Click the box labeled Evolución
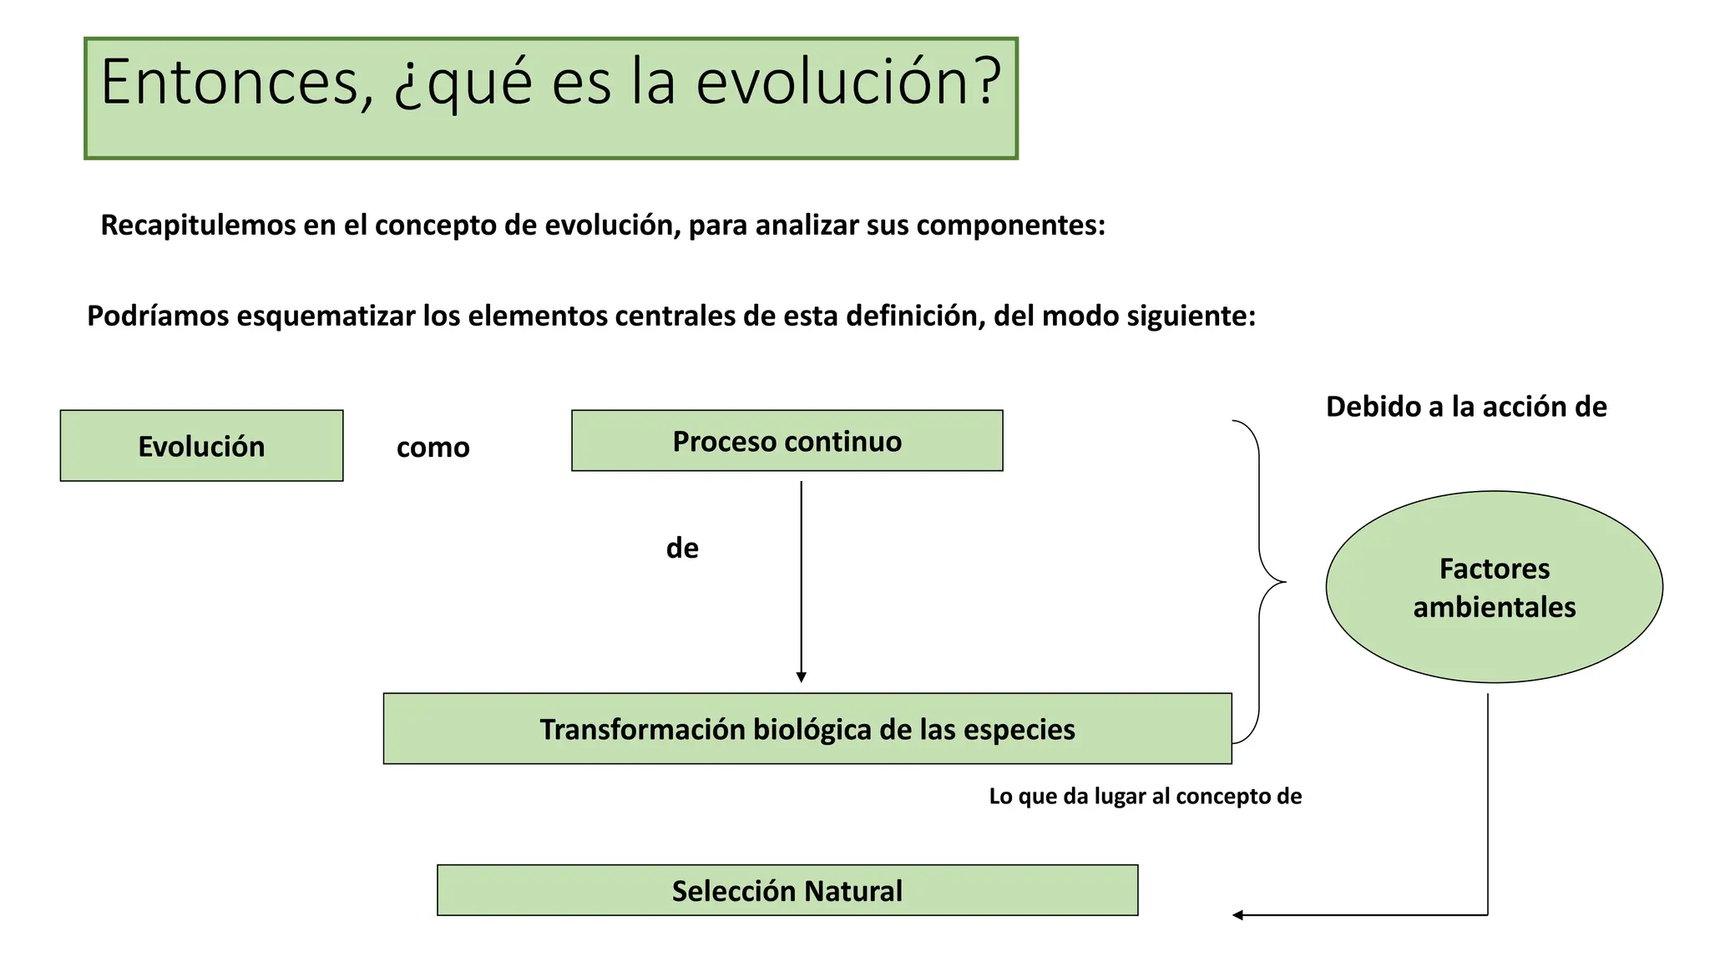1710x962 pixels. coord(201,446)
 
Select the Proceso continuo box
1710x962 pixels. coord(787,441)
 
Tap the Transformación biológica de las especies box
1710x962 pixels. coord(807,729)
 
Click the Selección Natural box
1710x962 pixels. coord(787,890)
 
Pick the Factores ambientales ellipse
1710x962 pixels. coord(1494,587)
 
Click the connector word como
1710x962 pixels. coord(433,448)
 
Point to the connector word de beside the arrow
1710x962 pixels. coord(682,549)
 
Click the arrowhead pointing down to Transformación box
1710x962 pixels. coord(801,677)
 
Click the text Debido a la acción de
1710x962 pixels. coord(1465,407)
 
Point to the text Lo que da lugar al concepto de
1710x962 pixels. coord(1145,796)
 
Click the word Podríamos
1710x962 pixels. coord(158,316)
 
